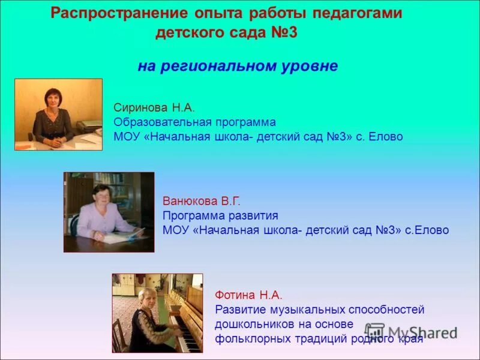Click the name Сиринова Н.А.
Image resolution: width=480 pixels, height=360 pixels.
(x=154, y=107)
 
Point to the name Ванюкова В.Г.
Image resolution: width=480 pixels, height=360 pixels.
(x=201, y=201)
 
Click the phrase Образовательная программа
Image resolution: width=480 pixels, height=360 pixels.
(x=194, y=122)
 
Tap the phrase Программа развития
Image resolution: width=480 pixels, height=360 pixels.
(x=220, y=215)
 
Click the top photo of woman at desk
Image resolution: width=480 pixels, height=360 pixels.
(x=58, y=114)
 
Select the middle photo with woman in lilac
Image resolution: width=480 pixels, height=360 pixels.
(x=109, y=212)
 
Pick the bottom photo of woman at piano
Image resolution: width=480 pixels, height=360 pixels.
(x=157, y=313)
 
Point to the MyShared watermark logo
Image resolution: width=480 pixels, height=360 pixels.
(x=412, y=332)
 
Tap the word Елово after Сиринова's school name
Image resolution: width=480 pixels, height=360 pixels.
(x=386, y=137)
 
